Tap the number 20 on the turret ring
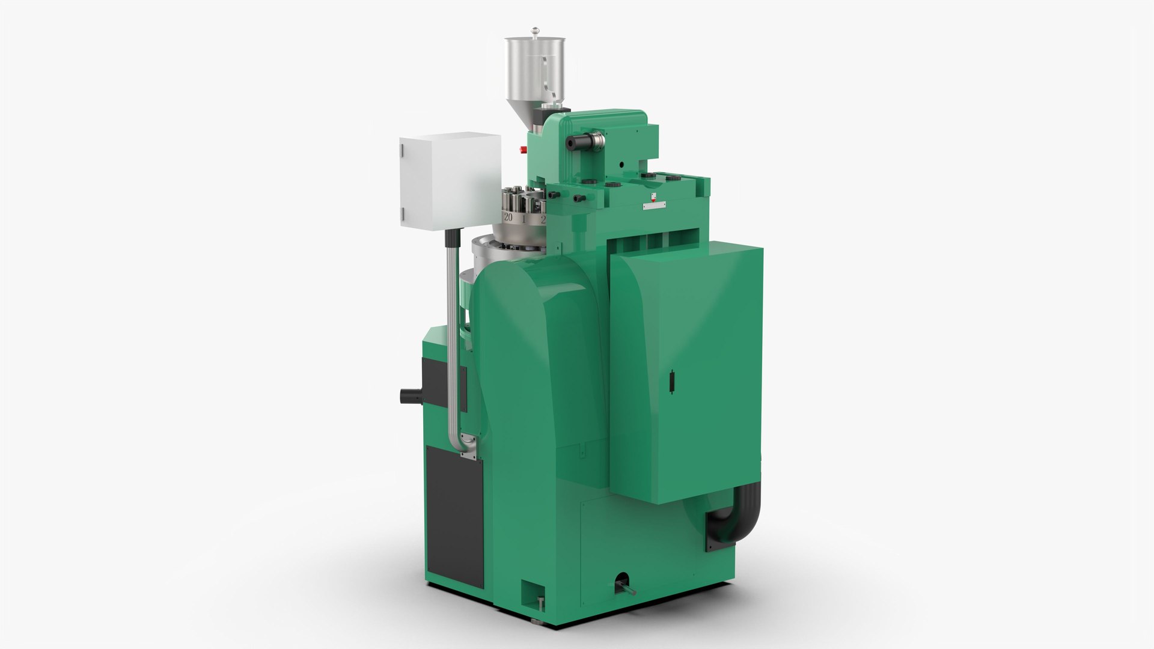[508, 218]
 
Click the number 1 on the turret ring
[524, 219]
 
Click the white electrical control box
[450, 181]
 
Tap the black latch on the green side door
[671, 383]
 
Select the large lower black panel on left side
[454, 517]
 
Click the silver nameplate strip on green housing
[654, 206]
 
